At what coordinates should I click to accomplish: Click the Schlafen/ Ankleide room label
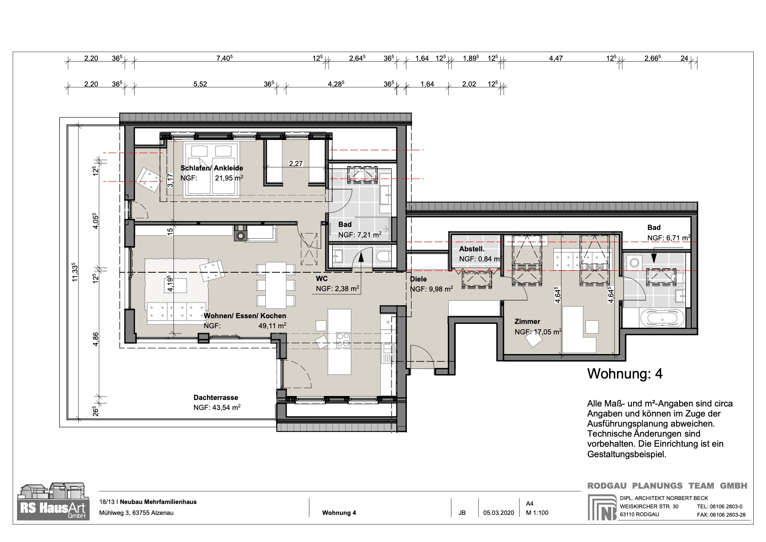click(211, 168)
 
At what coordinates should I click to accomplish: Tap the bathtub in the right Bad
click(663, 319)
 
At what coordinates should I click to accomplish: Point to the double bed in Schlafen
click(211, 170)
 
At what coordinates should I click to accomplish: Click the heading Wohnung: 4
click(624, 374)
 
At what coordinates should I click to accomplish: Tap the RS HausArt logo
click(53, 501)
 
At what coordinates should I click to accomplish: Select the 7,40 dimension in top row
click(225, 58)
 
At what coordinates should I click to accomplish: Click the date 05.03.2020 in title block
click(499, 513)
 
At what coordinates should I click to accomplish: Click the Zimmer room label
click(527, 321)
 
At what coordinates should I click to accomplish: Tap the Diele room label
click(418, 279)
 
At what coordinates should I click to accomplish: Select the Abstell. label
click(471, 249)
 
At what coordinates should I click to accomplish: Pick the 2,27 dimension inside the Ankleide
click(296, 164)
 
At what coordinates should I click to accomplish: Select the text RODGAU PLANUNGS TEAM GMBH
click(667, 486)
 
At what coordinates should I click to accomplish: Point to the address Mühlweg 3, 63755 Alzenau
click(136, 513)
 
